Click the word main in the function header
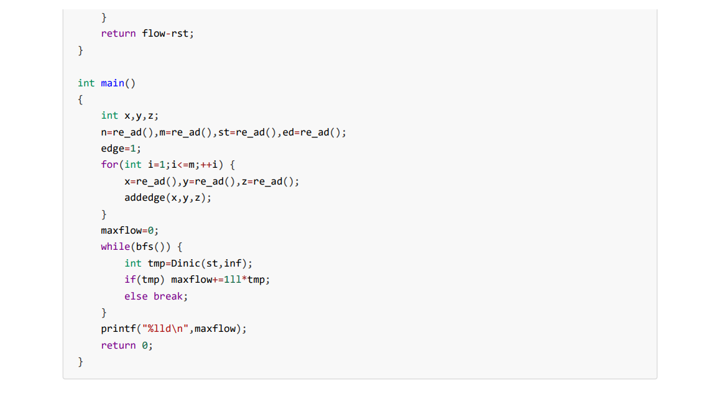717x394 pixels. (113, 83)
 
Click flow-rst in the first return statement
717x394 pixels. (165, 34)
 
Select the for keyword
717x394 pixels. (109, 165)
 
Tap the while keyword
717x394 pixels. (115, 247)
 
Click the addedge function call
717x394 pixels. (145, 198)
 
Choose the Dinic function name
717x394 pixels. (185, 263)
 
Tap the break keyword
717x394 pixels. (168, 296)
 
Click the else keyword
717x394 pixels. (136, 296)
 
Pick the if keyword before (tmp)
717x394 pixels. (130, 280)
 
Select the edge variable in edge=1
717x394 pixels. (113, 149)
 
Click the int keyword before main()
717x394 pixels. (86, 83)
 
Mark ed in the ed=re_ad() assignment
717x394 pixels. (288, 132)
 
